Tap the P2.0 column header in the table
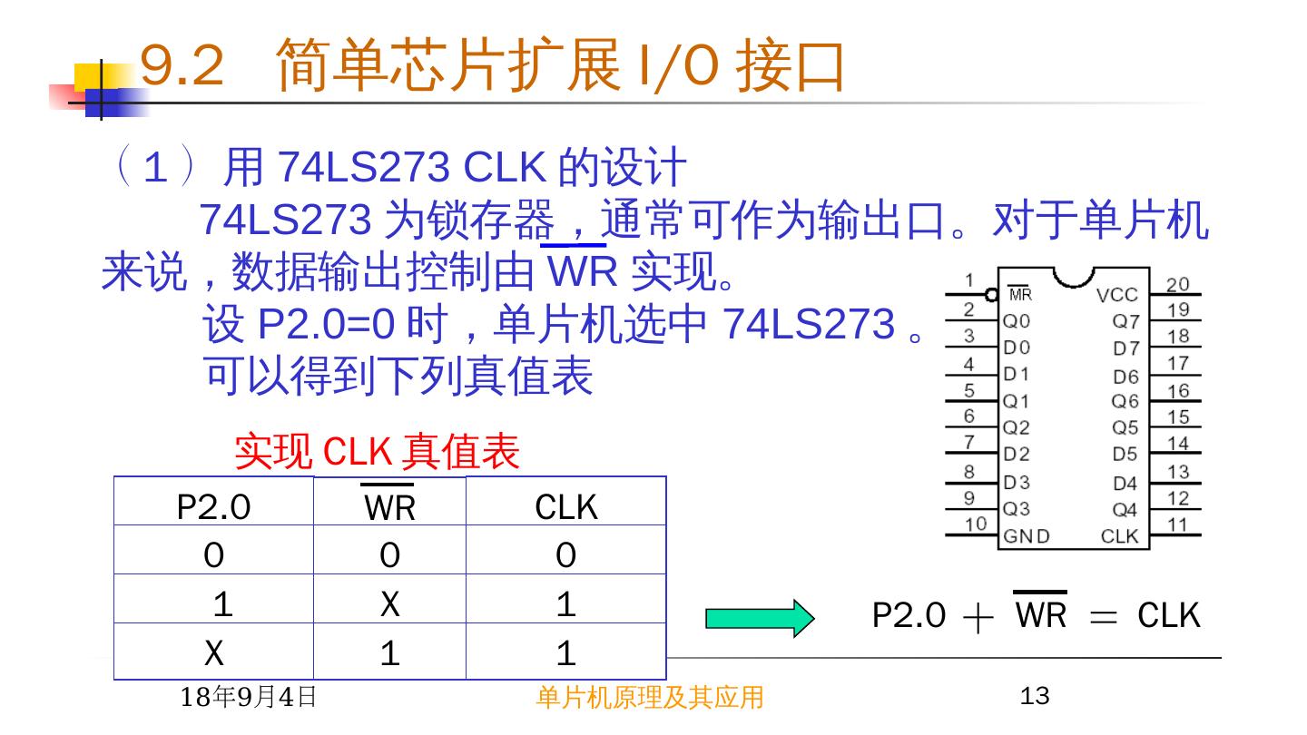coord(213,507)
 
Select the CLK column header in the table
coord(566,507)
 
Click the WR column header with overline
coord(389,506)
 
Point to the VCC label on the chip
coord(1116,295)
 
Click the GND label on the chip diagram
coord(1027,536)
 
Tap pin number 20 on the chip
coord(1177,284)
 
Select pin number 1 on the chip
coord(969,280)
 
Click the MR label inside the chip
coord(1020,295)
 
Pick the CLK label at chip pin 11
coord(1119,536)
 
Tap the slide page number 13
coord(1035,696)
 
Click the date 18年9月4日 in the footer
coord(249,697)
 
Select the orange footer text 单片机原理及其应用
coord(650,697)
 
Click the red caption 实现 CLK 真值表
coord(377,452)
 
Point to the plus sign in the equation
coord(977,617)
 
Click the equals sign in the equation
coord(1103,617)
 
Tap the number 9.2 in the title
coord(182,65)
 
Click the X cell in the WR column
coord(389,603)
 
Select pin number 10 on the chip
coord(975,524)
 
